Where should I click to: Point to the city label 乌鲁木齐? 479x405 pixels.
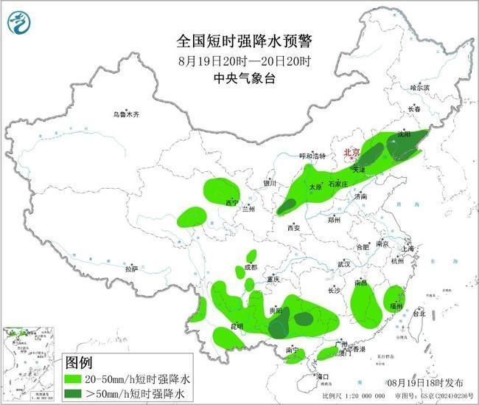[126, 114]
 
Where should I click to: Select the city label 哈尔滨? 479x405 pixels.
[419, 87]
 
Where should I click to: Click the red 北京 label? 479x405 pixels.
[350, 153]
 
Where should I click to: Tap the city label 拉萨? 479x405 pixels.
[131, 269]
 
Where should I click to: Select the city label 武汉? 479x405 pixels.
[344, 263]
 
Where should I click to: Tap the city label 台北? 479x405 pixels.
[418, 313]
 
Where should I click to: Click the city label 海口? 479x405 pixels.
[321, 376]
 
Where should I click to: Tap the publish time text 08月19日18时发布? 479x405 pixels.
[425, 384]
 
